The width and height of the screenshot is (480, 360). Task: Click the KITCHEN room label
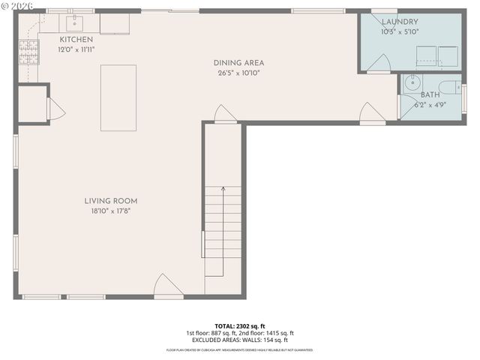point(76,39)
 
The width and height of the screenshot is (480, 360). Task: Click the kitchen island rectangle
point(118,88)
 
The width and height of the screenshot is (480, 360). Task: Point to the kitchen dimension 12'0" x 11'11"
point(76,49)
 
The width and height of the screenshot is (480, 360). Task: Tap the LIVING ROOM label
point(110,201)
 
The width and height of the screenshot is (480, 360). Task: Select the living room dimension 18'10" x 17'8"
point(110,211)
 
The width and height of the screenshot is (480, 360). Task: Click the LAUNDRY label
point(400,22)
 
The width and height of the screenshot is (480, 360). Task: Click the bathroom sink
point(410,85)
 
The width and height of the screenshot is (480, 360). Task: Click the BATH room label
point(430,95)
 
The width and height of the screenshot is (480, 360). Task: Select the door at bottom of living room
point(166,286)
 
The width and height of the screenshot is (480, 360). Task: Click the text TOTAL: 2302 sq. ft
point(240,326)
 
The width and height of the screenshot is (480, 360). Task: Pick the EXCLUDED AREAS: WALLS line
point(240,340)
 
